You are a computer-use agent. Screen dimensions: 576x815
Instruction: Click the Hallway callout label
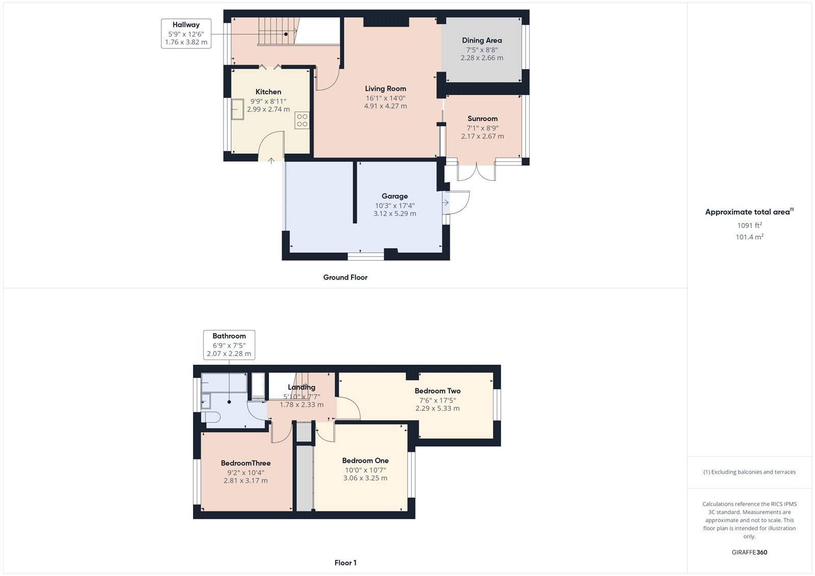186,33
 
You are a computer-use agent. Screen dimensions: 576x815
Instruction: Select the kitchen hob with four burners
302,120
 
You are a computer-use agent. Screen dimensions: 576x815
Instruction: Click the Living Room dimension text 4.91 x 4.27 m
385,106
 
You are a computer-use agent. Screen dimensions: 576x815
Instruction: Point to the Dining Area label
481,40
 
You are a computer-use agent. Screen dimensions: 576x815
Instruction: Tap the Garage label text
395,196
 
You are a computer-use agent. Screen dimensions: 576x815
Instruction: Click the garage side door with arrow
455,203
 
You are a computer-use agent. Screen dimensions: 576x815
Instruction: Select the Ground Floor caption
345,278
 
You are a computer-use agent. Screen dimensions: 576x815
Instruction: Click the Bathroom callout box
229,345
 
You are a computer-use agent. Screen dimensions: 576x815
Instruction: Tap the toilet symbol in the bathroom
210,417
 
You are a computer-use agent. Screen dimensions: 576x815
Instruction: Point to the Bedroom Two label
437,391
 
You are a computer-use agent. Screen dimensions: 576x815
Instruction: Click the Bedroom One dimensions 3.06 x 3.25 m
365,478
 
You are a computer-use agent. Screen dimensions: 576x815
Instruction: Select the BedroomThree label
246,463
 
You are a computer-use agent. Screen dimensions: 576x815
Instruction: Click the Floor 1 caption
345,563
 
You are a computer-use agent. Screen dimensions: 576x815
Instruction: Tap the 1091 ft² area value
749,225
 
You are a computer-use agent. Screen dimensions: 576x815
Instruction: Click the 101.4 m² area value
749,237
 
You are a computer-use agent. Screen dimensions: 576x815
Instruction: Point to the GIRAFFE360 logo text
749,552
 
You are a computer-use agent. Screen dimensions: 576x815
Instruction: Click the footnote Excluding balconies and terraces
749,472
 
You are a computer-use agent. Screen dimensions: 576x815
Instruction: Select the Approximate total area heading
748,212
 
